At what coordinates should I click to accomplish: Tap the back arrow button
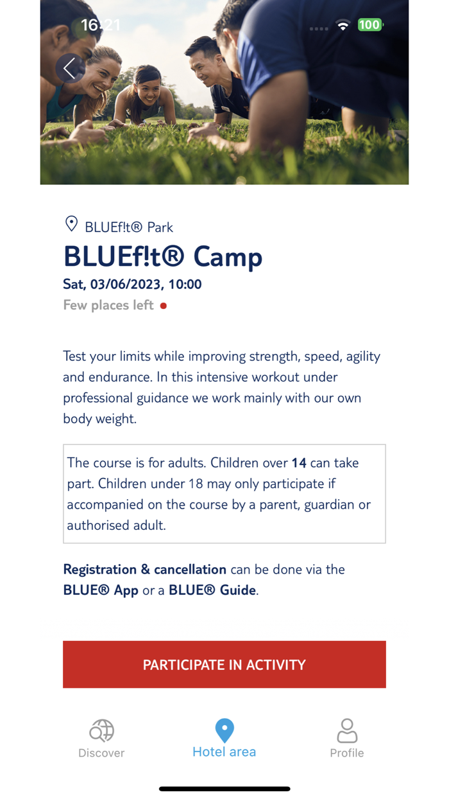pos(70,68)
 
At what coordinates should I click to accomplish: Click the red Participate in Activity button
pos(224,665)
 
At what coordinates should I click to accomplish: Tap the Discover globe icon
pos(101,731)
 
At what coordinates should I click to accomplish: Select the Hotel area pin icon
pos(224,730)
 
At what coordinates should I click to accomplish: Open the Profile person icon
pos(347,731)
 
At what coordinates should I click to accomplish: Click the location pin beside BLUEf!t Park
pos(71,224)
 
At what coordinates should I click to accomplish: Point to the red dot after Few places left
pos(164,306)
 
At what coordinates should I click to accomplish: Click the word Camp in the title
pos(228,257)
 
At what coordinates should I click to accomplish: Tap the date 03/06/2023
pos(127,284)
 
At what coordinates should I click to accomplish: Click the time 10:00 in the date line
pos(185,284)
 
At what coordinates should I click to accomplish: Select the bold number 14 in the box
pos(299,462)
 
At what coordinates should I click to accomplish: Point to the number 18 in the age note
pos(196,483)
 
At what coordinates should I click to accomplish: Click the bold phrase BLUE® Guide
pos(212,590)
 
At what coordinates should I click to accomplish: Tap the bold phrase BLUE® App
pos(101,590)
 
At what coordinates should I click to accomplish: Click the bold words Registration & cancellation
pos(145,569)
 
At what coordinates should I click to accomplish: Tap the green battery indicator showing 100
pos(369,25)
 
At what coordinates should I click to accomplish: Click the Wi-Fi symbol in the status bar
pos(343,26)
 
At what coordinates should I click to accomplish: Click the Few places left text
pos(108,305)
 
